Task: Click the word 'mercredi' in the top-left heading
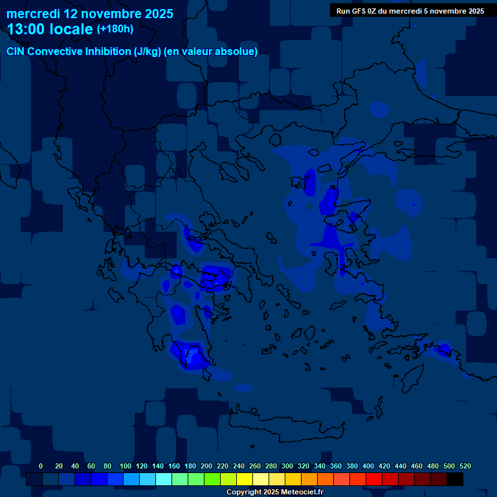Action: tap(32, 13)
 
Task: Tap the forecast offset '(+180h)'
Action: tap(115, 29)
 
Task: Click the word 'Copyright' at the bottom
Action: tap(242, 492)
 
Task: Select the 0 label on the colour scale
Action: tap(41, 466)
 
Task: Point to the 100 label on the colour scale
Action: tap(125, 466)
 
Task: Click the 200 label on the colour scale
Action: tap(206, 466)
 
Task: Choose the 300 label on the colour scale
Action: tap(287, 466)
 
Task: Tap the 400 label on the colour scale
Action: tap(368, 466)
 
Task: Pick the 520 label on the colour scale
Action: tap(465, 466)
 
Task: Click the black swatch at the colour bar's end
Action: tap(455, 480)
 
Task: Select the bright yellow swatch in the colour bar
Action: tap(245, 480)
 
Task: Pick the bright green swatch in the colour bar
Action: tap(212, 480)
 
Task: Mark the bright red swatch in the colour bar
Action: tap(374, 480)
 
